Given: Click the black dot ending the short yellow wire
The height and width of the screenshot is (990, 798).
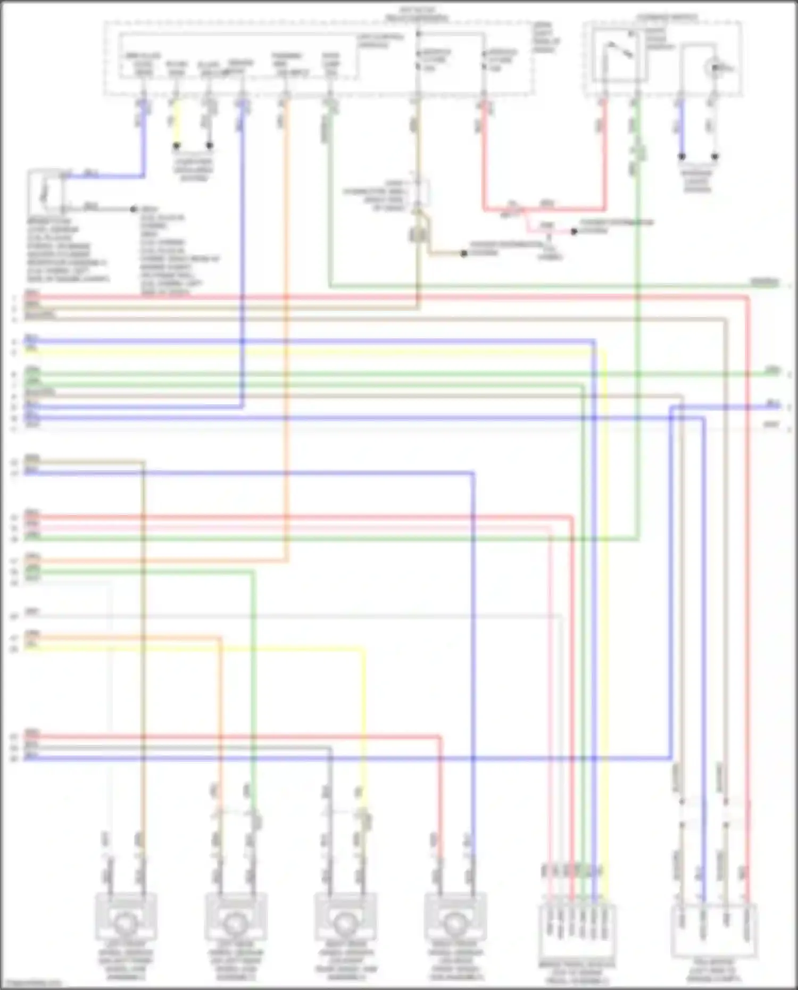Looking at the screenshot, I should (x=177, y=145).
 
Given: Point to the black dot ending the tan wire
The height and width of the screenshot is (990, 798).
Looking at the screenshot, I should (x=464, y=254).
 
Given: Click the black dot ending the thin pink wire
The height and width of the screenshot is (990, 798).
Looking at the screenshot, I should (x=574, y=232).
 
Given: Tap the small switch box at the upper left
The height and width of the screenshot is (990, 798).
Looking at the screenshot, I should (x=46, y=192).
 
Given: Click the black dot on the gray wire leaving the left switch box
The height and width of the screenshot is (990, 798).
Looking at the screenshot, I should (x=135, y=209).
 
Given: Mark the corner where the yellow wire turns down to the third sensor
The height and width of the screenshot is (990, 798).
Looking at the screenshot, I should (x=363, y=649).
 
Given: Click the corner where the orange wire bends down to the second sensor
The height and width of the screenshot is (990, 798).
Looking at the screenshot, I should (x=220, y=637).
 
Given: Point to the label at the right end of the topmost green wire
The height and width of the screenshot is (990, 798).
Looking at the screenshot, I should (x=764, y=282).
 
